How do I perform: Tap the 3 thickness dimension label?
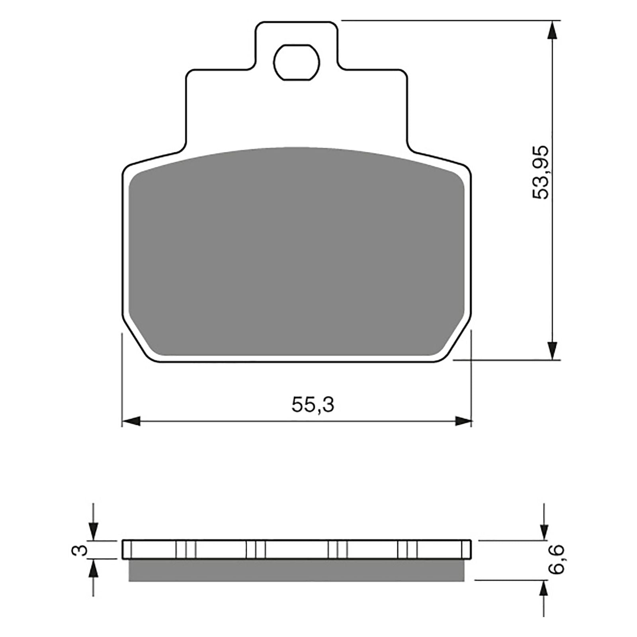pos(81,550)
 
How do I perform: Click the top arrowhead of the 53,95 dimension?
pos(552,30)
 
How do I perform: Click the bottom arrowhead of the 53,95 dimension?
pos(552,350)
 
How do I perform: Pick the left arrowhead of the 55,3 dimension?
pos(131,421)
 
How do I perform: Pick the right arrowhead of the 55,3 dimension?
pos(462,421)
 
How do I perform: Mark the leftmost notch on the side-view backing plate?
pos(186,550)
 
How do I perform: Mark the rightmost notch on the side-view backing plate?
pos(407,550)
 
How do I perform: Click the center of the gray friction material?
pos(297,255)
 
